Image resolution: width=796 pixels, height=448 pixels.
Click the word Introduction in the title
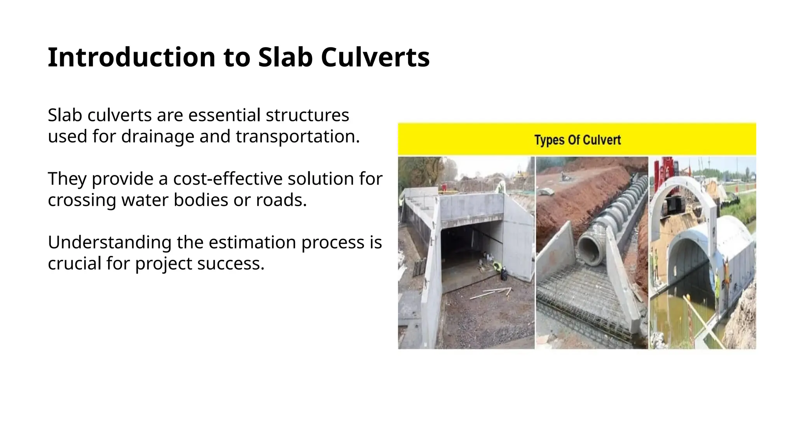click(131, 57)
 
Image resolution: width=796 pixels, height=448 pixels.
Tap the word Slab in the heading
click(285, 57)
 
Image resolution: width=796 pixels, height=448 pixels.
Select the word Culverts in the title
click(375, 57)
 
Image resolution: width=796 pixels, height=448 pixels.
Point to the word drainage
click(158, 136)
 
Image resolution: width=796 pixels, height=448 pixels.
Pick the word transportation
click(297, 136)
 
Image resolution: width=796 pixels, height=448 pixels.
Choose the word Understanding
click(110, 242)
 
